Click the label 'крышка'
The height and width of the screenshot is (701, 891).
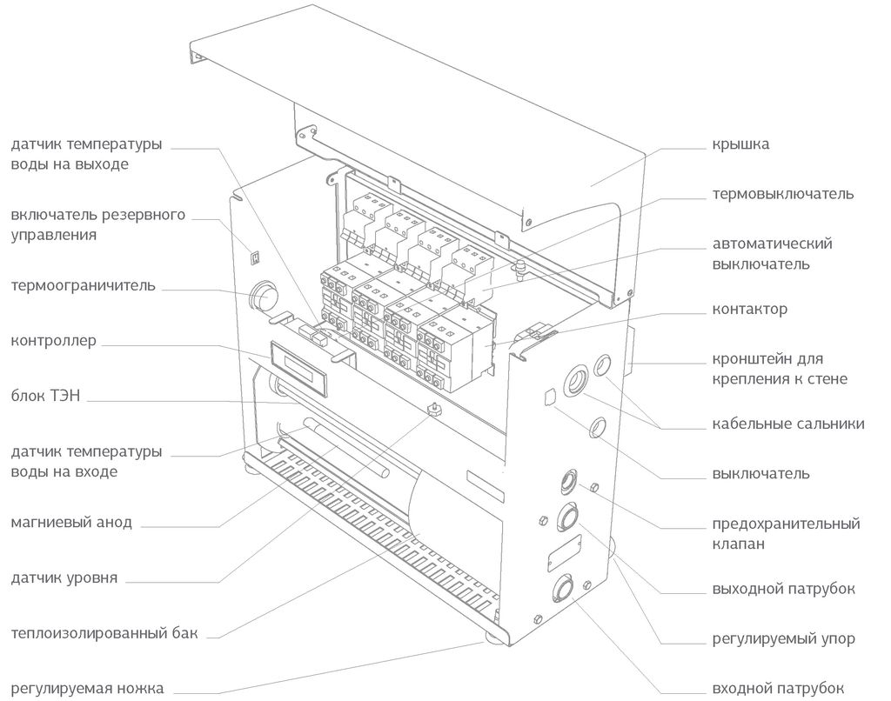(x=740, y=144)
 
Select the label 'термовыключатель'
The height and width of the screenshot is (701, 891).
(x=783, y=193)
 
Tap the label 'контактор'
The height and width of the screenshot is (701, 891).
(x=749, y=309)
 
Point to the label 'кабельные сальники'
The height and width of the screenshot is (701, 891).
(x=787, y=424)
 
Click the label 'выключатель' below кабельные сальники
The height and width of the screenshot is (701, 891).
(x=760, y=474)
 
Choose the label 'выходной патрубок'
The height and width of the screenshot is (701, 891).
(x=783, y=589)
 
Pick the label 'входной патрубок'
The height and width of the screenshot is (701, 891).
(x=779, y=688)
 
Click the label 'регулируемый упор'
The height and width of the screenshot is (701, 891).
(x=783, y=638)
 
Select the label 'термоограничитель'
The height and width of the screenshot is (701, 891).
(x=84, y=285)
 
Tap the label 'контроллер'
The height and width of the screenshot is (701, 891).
(x=53, y=340)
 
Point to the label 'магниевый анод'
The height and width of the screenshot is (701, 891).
(x=71, y=523)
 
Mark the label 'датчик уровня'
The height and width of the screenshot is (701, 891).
(x=64, y=577)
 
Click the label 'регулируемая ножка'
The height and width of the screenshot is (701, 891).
(x=87, y=688)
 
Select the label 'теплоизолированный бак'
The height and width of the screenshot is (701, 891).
(x=104, y=633)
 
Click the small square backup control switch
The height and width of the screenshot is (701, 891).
(x=254, y=256)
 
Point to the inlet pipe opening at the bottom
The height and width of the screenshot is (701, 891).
(x=561, y=591)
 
